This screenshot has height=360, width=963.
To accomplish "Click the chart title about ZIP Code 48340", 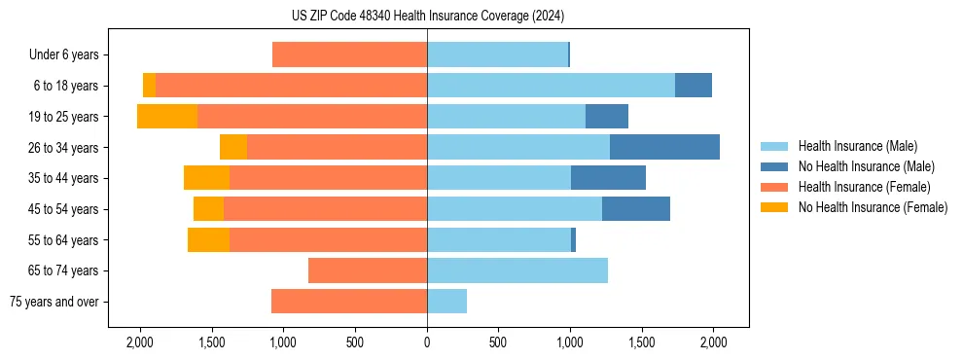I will tap(427, 17).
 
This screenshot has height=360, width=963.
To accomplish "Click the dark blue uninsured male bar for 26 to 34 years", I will tap(664, 147).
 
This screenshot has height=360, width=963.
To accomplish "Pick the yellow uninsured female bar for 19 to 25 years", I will tap(167, 116).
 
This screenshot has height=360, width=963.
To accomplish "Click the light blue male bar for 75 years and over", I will tap(446, 302).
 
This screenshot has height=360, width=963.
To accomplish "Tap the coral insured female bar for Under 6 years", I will tap(349, 54).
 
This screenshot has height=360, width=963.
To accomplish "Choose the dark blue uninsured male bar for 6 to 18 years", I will tap(694, 86).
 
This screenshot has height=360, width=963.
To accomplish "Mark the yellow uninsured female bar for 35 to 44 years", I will tap(206, 178).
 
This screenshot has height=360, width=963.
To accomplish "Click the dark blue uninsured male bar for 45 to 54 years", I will tap(636, 208).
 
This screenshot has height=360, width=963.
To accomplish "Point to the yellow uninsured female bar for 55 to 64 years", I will tap(208, 239).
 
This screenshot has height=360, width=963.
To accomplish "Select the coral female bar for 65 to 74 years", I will tap(368, 270).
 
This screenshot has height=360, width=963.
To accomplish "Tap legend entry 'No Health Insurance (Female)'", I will tap(873, 207).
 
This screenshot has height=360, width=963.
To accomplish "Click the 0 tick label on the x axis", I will tap(427, 342).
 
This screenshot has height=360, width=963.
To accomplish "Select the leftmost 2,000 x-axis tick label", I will tap(140, 342).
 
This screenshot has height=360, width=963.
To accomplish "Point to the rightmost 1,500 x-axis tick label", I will tap(642, 342).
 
